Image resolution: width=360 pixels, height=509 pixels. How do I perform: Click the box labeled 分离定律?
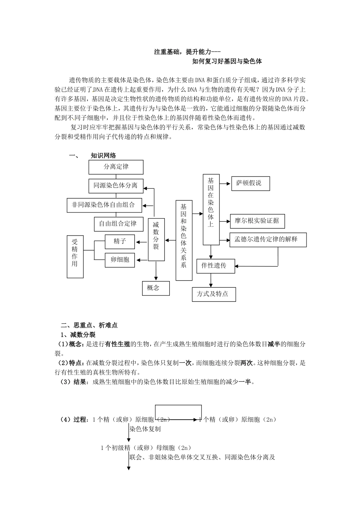[x=116, y=167]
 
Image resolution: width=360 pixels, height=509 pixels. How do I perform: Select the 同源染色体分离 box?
[x=116, y=186]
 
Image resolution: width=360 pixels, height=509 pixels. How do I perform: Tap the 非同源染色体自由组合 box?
[x=103, y=205]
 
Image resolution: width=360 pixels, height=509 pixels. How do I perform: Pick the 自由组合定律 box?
[x=118, y=224]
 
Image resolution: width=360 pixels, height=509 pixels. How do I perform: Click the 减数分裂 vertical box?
[x=156, y=240]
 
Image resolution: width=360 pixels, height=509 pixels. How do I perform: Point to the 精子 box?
[x=120, y=242]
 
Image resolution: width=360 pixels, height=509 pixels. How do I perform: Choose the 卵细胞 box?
[x=120, y=260]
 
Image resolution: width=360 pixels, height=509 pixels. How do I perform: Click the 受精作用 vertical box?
[x=75, y=257]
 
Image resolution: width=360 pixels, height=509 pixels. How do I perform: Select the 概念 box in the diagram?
[x=155, y=288]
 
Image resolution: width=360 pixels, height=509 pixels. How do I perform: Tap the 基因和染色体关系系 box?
[x=184, y=240]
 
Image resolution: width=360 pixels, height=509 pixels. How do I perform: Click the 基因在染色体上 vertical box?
[x=211, y=209]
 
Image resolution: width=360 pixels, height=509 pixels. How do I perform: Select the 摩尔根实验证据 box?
[x=257, y=221]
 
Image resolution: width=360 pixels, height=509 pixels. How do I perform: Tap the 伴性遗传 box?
[x=215, y=266]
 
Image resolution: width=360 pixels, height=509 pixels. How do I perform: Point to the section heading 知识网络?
[x=103, y=156]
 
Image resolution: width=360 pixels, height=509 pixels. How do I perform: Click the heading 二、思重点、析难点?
[x=89, y=325]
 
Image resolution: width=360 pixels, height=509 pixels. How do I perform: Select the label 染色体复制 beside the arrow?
[x=145, y=429]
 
